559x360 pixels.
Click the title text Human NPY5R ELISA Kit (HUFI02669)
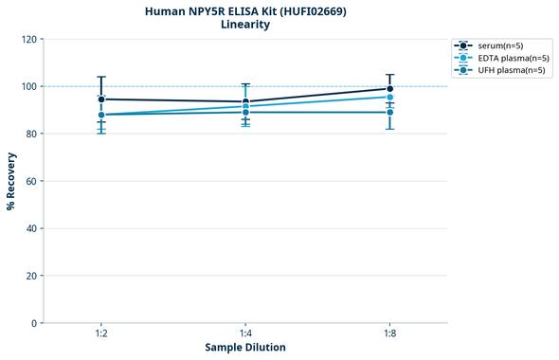[x=245, y=11]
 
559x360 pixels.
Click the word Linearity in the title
[x=245, y=26]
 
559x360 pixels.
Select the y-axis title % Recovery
[x=11, y=180]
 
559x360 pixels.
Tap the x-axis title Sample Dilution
[x=245, y=347]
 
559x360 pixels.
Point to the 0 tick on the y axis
[x=34, y=323]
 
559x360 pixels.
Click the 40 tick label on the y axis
[x=31, y=228]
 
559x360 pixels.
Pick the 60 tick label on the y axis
[x=31, y=181]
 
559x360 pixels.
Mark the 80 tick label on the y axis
[x=31, y=134]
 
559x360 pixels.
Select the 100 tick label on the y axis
[x=28, y=86]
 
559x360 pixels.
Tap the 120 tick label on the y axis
[x=28, y=39]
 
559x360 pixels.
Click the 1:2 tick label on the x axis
[x=101, y=334]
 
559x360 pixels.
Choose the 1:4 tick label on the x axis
[x=245, y=334]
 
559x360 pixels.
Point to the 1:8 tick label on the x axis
[x=389, y=334]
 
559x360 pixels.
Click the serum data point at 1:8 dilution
[x=389, y=89]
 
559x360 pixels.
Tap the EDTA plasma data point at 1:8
[x=389, y=97]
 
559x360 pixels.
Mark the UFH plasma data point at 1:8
[x=389, y=113]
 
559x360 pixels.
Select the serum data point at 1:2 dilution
[x=101, y=99]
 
